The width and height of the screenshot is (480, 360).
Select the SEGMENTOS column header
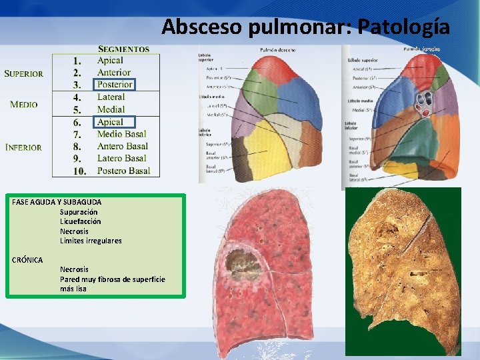(x=124, y=49)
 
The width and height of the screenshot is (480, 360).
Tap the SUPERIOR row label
(x=24, y=73)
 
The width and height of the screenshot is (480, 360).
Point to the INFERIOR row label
(x=23, y=147)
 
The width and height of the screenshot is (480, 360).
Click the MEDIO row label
(x=24, y=104)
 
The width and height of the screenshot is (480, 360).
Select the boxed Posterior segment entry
(x=115, y=85)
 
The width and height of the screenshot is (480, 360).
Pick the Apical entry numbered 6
(x=110, y=122)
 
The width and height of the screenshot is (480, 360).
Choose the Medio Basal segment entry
(x=122, y=134)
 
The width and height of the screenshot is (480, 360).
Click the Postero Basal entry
(x=123, y=171)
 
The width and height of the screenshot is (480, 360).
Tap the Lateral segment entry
(x=111, y=97)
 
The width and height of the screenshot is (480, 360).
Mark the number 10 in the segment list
(x=79, y=171)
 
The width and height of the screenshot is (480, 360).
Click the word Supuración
(x=79, y=212)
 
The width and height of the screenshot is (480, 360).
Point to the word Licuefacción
(x=81, y=221)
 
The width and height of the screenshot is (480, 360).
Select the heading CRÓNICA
(x=27, y=259)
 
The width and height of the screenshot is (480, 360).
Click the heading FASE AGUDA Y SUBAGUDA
(x=57, y=202)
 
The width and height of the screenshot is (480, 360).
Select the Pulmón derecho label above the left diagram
(x=278, y=51)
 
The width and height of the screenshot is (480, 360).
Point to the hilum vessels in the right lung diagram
(x=421, y=103)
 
